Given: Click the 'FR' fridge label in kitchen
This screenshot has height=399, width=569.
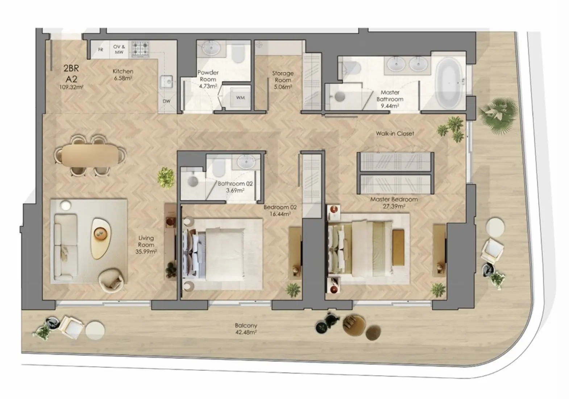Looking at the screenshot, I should [101, 50].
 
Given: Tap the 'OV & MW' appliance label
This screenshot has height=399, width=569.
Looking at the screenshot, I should [119, 49].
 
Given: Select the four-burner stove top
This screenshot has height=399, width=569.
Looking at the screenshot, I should [140, 49].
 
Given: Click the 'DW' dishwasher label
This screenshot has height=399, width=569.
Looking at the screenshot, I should [166, 101].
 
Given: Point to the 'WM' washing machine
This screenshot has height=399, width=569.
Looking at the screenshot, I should [240, 98].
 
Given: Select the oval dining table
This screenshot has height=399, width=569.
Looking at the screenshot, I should [90, 155].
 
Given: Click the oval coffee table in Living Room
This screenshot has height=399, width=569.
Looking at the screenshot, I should [100, 238].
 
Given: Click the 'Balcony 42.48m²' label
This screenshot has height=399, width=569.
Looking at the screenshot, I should [246, 329].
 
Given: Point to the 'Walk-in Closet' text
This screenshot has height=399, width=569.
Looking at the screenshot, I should [395, 133].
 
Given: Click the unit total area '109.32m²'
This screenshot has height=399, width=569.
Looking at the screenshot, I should [71, 87].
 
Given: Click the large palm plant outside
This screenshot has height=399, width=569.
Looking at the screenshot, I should [498, 115].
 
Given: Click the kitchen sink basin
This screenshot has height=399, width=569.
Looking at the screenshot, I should [167, 82].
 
